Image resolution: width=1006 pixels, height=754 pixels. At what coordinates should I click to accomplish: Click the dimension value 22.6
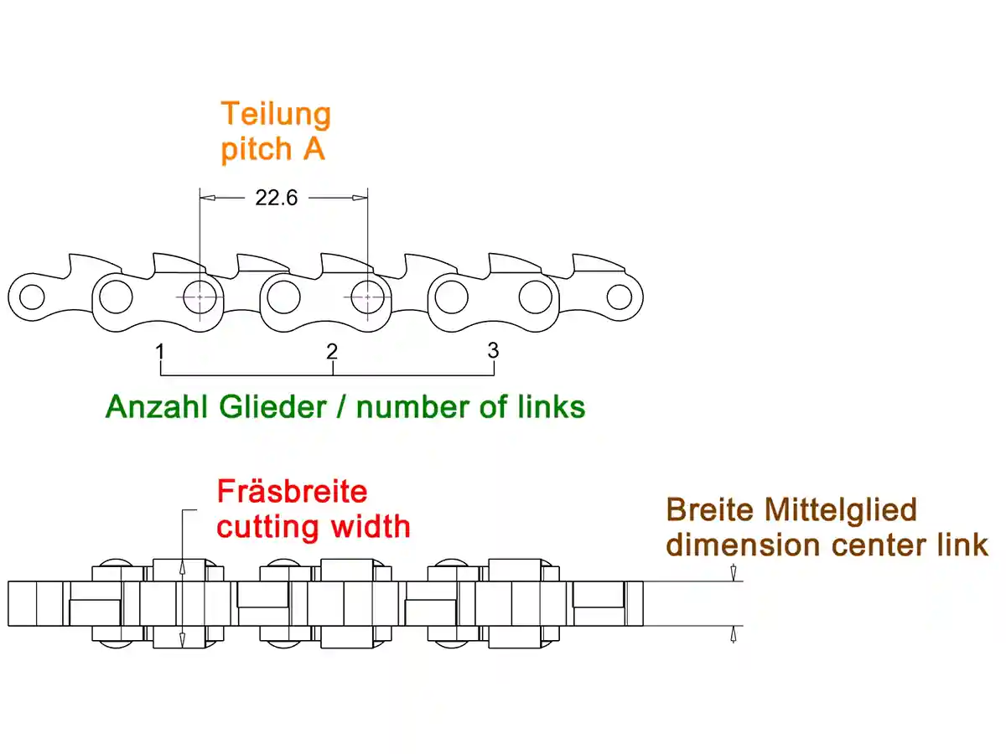pos(276,199)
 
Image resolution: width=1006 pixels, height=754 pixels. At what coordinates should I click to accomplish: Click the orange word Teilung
pos(276,114)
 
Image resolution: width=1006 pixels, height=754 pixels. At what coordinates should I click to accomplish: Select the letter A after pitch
pos(313,149)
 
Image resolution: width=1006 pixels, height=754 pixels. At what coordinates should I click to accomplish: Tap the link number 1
pos(159,351)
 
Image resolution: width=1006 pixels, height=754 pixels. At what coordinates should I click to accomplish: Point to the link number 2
pos(332,351)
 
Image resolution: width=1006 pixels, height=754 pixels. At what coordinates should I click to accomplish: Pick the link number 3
pos(493,349)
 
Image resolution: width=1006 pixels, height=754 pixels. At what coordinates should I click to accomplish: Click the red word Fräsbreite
pos(292,491)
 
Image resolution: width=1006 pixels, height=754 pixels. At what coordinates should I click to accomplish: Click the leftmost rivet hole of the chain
pos(32,297)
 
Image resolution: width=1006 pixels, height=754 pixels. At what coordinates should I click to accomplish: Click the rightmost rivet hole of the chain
pos(620,296)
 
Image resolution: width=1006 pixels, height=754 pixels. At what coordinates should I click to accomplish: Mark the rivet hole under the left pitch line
pos(200,297)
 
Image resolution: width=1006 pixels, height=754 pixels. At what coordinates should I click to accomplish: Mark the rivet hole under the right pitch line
pos(367,297)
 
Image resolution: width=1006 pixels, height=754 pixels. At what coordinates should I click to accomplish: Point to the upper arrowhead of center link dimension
pos(734,575)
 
